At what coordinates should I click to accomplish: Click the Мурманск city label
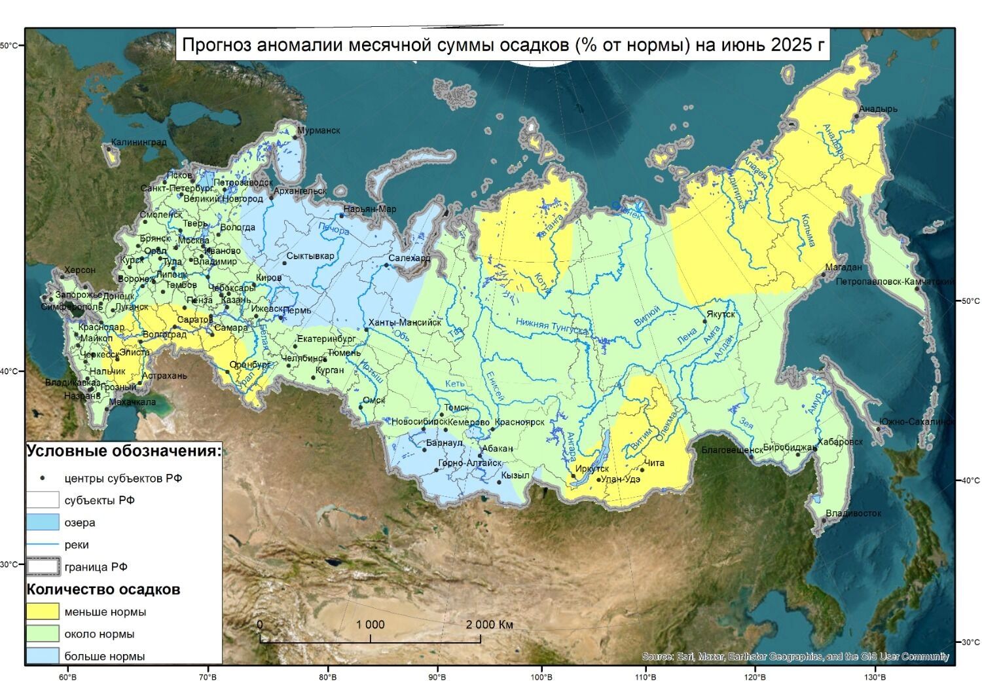pos(319,130)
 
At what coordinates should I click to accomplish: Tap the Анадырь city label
pos(878,109)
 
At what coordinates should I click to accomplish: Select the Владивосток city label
pos(853,513)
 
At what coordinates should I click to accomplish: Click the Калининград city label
pos(138,142)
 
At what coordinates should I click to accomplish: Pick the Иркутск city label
pos(592,469)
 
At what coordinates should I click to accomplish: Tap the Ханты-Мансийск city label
pos(405,322)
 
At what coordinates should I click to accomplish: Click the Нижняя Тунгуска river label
pos(551,325)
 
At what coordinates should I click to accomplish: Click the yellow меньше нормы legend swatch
pos(43,612)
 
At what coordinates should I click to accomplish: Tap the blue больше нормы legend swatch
pos(43,655)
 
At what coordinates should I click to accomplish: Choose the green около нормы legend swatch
pos(43,634)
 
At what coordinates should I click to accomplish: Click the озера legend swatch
pos(43,522)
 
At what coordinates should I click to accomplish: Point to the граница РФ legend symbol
pos(43,566)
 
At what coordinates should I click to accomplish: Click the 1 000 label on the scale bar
pos(370,625)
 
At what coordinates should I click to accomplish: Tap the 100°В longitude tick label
pos(541,676)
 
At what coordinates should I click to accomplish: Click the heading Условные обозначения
pos(124,451)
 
